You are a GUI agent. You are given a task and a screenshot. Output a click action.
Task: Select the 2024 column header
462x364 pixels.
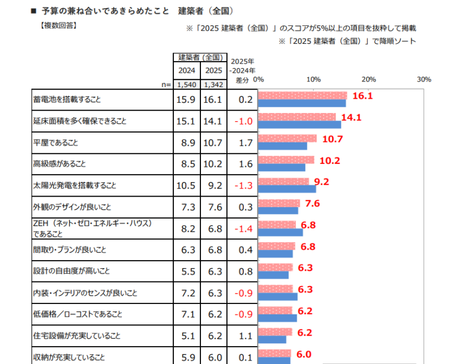pyautogui.click(x=187, y=70)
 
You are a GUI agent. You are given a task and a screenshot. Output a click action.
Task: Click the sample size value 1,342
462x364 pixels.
pyautogui.click(x=214, y=84)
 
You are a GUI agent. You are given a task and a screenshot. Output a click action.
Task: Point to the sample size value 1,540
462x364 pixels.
pyautogui.click(x=187, y=84)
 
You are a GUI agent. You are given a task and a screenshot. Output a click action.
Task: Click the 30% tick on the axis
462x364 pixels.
pyautogui.click(x=424, y=79)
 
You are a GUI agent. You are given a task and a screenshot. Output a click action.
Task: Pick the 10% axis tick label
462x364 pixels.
pyautogui.click(x=314, y=79)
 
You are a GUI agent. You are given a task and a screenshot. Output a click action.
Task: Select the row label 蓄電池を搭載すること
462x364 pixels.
pyautogui.click(x=68, y=100)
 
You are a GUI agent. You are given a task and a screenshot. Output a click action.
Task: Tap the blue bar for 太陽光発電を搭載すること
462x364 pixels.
pyautogui.click(x=287, y=189)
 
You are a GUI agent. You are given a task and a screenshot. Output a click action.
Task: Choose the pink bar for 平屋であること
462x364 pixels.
pyautogui.click(x=288, y=138)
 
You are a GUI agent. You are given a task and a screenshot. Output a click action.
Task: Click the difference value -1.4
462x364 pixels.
pyautogui.click(x=244, y=229)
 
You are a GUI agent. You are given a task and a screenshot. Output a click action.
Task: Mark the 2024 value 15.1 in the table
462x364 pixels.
pyautogui.click(x=187, y=121)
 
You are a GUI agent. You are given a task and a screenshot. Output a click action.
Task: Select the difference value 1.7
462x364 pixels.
pyautogui.click(x=245, y=142)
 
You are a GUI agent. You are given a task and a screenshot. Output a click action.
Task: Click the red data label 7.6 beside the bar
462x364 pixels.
pyautogui.click(x=312, y=203)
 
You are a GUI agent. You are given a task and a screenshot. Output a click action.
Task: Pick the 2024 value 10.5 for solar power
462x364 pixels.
pyautogui.click(x=187, y=186)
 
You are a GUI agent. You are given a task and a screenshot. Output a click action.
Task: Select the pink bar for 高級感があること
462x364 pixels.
pyautogui.click(x=286, y=160)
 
